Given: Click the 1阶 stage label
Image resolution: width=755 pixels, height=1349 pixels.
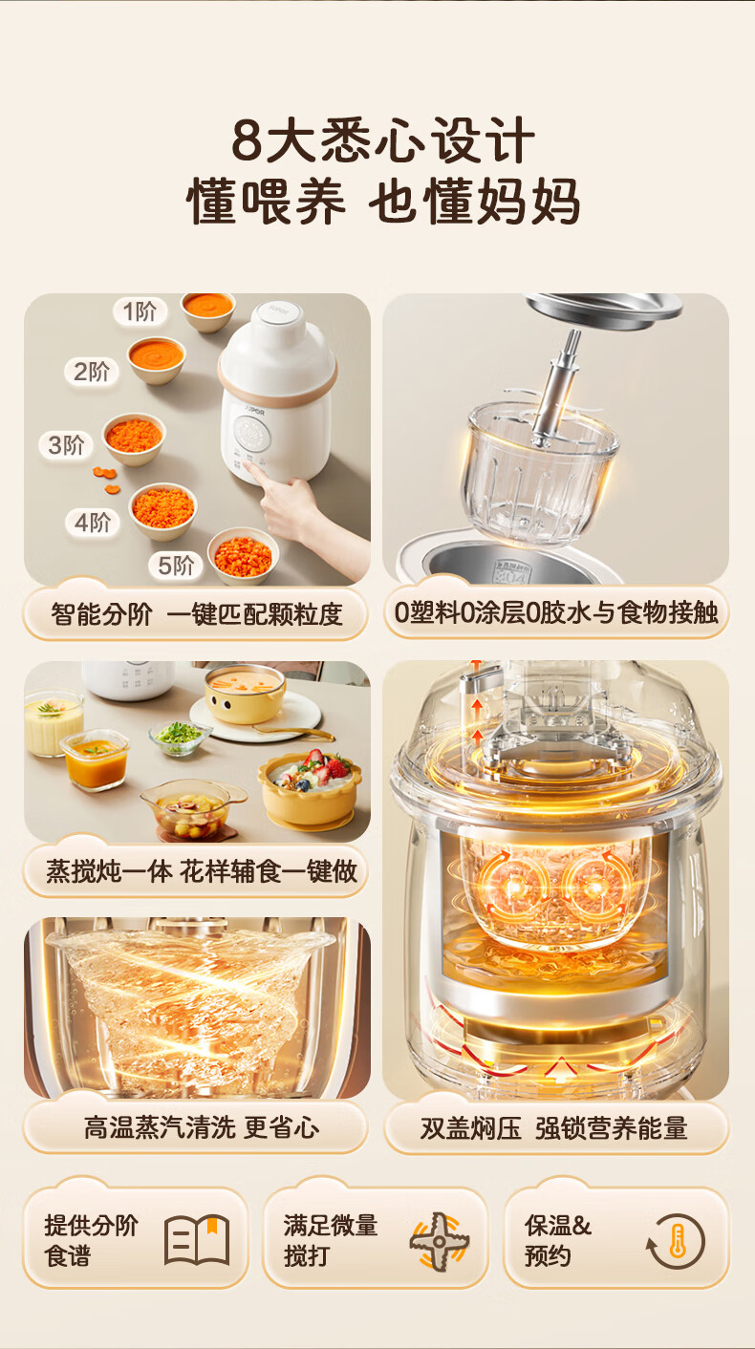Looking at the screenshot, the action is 140,311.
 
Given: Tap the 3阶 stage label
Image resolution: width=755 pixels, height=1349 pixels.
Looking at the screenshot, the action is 66,445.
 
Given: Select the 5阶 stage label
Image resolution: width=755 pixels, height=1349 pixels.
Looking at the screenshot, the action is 176,565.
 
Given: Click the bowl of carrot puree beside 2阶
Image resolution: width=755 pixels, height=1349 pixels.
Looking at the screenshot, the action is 156,359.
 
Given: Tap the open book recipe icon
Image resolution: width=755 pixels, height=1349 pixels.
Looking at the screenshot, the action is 197,1241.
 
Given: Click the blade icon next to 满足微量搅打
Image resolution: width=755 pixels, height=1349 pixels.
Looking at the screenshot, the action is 440,1241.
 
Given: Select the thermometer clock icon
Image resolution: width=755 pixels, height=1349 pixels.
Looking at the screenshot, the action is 676,1241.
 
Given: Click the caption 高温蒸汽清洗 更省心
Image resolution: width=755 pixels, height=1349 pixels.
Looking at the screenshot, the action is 202,1127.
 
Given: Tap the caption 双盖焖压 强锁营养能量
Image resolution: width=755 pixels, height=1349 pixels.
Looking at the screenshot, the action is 553,1127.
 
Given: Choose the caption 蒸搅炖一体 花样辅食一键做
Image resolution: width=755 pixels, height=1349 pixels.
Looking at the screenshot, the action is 202,870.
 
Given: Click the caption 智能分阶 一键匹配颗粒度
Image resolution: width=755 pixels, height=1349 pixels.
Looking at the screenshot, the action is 197,614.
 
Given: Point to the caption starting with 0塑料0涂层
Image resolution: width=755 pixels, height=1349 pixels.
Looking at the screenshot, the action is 556,612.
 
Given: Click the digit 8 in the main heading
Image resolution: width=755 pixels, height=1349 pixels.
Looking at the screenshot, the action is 247,140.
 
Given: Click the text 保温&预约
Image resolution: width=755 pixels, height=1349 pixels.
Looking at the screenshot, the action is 558,1241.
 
